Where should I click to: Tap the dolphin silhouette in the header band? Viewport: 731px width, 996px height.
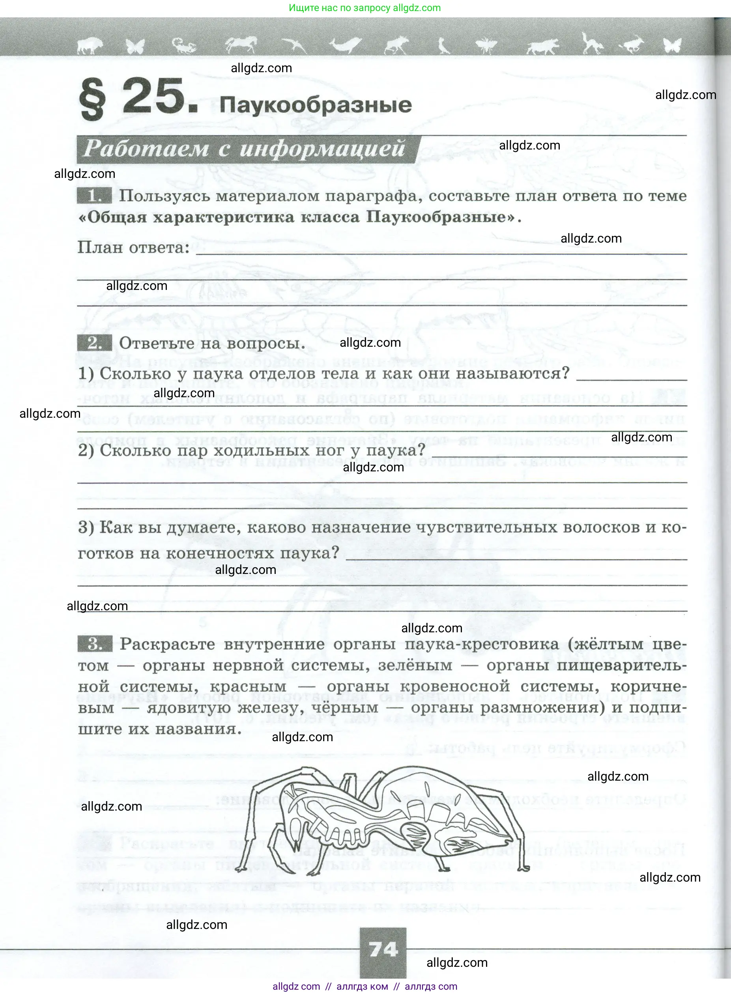tap(346, 45)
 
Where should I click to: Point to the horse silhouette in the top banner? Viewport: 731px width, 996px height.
tap(241, 45)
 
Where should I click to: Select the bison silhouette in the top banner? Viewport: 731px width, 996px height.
tap(90, 45)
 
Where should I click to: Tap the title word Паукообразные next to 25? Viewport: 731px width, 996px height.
tap(316, 105)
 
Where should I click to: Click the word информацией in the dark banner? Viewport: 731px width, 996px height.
tap(322, 148)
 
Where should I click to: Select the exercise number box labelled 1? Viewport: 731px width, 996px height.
tap(94, 196)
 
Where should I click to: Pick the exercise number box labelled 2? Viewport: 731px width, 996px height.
tap(94, 343)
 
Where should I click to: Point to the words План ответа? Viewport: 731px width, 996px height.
tap(134, 247)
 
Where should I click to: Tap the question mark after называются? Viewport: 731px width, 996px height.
tap(565, 374)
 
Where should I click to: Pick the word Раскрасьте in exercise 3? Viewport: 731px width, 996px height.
tap(167, 644)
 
